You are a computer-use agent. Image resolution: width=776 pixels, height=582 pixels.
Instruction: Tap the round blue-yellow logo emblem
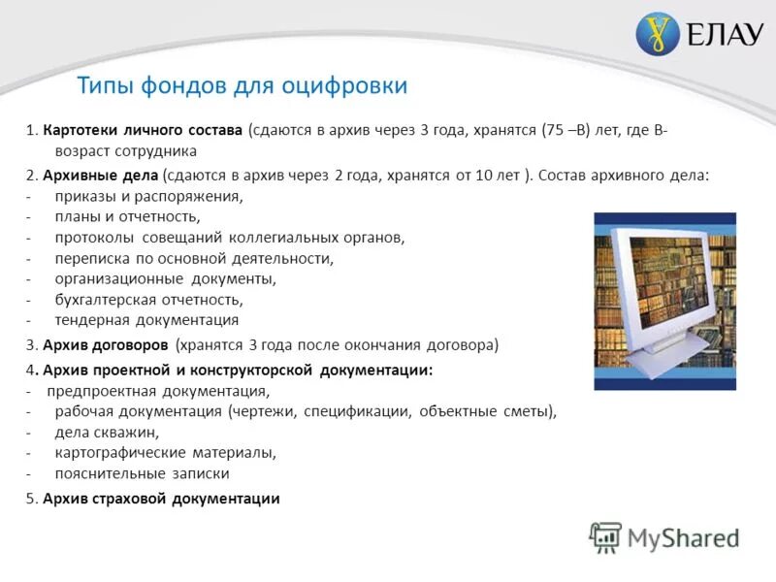pyautogui.click(x=658, y=35)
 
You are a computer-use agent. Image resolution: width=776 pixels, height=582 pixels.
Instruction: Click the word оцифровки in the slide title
pyautogui.click(x=344, y=85)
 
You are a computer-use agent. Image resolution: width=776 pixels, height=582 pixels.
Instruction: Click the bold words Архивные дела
pyautogui.click(x=101, y=176)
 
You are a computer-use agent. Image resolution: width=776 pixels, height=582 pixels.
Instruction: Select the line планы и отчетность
pyautogui.click(x=126, y=216)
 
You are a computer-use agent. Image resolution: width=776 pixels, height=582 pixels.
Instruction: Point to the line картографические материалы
pyautogui.click(x=166, y=452)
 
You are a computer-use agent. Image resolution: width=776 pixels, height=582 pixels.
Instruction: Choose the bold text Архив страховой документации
pyautogui.click(x=161, y=499)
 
